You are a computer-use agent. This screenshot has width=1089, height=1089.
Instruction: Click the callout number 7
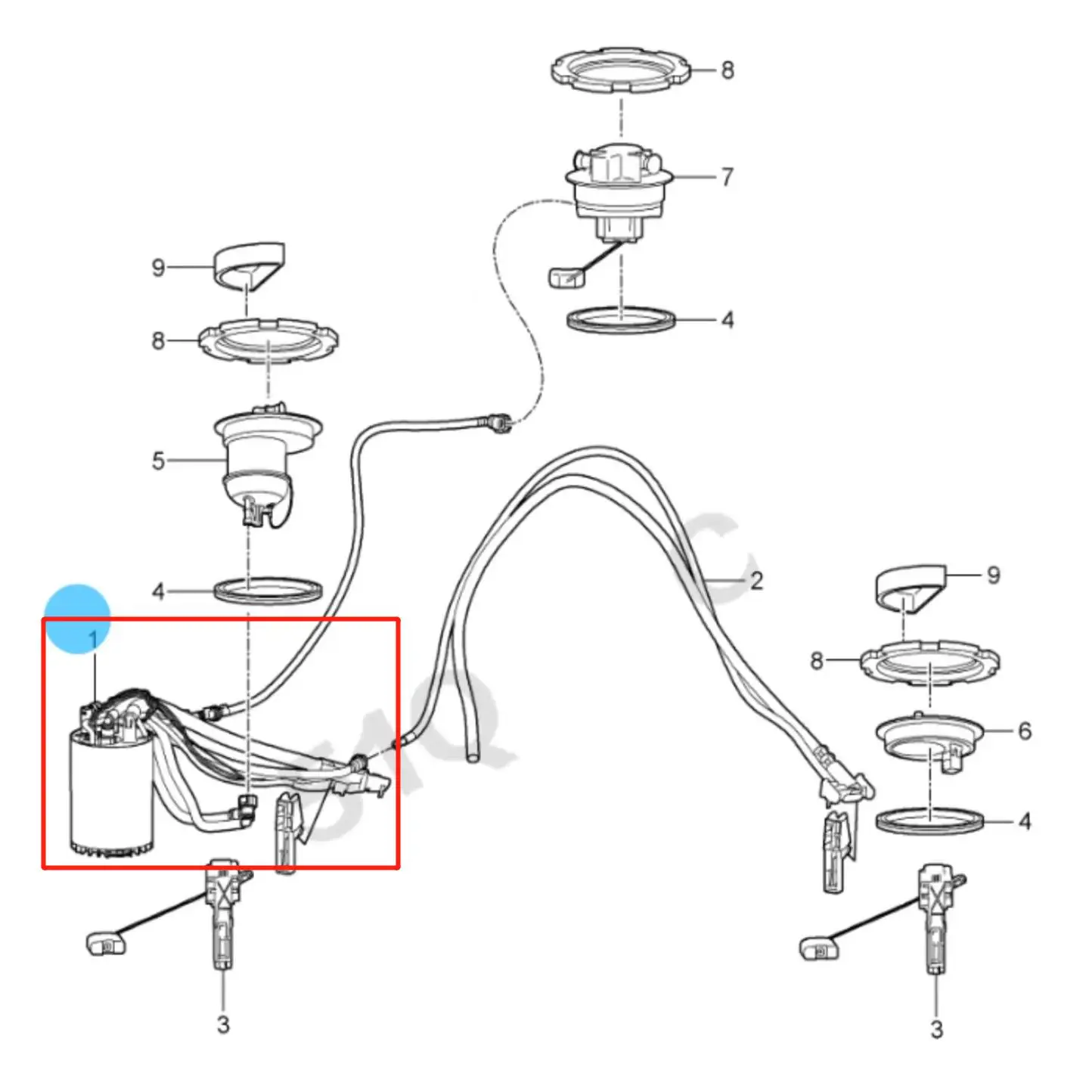point(727,177)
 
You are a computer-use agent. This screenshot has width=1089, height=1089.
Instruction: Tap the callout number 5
point(158,461)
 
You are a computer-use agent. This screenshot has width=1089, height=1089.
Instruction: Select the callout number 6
point(1025,731)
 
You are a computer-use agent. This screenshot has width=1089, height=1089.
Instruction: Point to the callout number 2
point(756,581)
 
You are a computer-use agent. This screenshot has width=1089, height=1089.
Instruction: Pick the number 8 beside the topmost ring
point(727,70)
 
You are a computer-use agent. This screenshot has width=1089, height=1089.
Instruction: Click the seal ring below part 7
point(621,320)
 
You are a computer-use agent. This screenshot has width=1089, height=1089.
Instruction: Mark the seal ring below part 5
point(268,591)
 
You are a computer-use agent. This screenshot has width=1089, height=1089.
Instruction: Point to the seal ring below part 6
point(930,821)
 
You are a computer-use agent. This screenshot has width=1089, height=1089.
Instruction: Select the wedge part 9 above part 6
point(911,588)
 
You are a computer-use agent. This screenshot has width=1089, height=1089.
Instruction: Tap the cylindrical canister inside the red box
point(111,794)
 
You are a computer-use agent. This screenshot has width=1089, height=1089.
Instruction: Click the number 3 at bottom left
point(223,1025)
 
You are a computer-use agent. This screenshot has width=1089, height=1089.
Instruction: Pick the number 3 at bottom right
point(936,1029)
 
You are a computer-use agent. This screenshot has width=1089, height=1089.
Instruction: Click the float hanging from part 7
point(565,277)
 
